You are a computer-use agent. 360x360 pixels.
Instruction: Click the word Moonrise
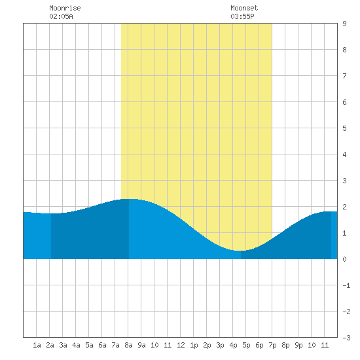click(65, 8)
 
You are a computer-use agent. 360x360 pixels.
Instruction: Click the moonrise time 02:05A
click(61, 16)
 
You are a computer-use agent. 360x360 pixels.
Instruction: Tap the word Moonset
click(244, 8)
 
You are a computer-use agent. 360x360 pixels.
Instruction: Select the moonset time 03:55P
click(242, 16)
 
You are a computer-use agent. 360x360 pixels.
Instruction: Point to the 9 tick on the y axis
click(344, 24)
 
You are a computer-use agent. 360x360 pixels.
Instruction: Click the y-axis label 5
click(344, 128)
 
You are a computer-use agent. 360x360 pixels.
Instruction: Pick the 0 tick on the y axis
click(344, 259)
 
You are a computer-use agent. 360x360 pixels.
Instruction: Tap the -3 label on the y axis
click(346, 338)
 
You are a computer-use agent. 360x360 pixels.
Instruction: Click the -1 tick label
click(346, 285)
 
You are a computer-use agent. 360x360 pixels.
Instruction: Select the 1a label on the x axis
click(37, 345)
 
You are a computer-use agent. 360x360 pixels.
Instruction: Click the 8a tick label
click(128, 345)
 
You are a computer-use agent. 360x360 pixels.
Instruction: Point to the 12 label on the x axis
click(181, 345)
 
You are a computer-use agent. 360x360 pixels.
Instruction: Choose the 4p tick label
click(233, 345)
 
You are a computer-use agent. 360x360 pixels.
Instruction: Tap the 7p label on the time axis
click(272, 345)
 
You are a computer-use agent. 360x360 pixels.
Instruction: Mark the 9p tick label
click(298, 345)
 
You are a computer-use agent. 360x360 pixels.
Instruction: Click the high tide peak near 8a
click(129, 199)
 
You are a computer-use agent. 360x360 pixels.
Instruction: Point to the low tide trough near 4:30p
click(240, 251)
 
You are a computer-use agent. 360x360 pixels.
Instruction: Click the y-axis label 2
click(344, 207)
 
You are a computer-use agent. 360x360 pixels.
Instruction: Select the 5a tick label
click(89, 345)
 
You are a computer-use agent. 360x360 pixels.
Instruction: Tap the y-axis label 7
click(344, 76)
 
